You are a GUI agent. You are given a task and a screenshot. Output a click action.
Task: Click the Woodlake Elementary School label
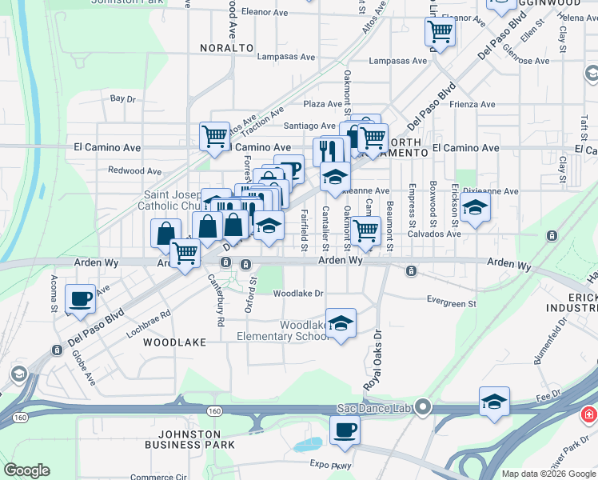(282, 330)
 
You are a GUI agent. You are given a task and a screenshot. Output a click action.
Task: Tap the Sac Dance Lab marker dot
(424, 408)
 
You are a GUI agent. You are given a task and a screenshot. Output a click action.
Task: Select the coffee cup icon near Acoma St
(80, 298)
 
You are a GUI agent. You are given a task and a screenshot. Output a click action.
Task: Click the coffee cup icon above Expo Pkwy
(345, 430)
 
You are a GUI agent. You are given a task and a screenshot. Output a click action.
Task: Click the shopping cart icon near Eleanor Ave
(439, 32)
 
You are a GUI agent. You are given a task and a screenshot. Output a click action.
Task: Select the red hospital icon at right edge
(588, 415)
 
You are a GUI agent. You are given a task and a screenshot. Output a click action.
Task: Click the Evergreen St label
(451, 304)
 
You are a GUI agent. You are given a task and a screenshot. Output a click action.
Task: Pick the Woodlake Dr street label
(298, 294)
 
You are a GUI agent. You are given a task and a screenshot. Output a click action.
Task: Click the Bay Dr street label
(123, 98)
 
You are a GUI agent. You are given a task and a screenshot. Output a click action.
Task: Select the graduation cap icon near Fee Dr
(494, 402)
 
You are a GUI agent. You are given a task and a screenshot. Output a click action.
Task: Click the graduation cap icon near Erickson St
(475, 207)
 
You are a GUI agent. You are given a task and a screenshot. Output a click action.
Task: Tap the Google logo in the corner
(26, 470)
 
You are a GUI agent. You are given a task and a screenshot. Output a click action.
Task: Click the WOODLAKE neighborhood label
(174, 342)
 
